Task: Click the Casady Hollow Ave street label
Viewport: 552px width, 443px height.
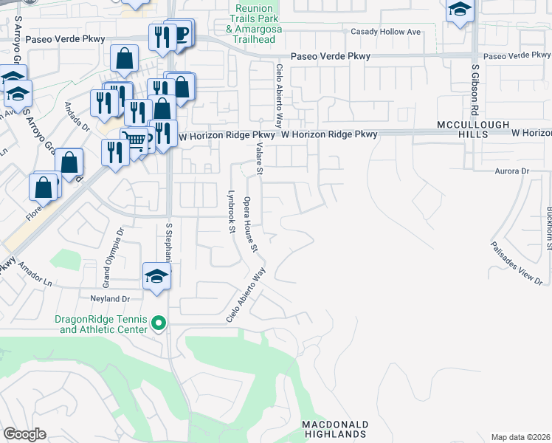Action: pyautogui.click(x=385, y=32)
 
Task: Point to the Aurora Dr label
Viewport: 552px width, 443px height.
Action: pyautogui.click(x=516, y=171)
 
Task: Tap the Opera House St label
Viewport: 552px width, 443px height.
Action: pyautogui.click(x=249, y=224)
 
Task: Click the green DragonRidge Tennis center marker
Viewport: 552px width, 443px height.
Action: pyautogui.click(x=157, y=323)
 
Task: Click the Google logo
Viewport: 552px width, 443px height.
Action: pyautogui.click(x=24, y=434)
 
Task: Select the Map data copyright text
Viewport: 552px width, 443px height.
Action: pyautogui.click(x=521, y=437)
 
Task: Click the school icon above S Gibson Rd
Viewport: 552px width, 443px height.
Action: pyautogui.click(x=459, y=10)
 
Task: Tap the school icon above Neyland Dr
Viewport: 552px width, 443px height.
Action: pyautogui.click(x=157, y=276)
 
